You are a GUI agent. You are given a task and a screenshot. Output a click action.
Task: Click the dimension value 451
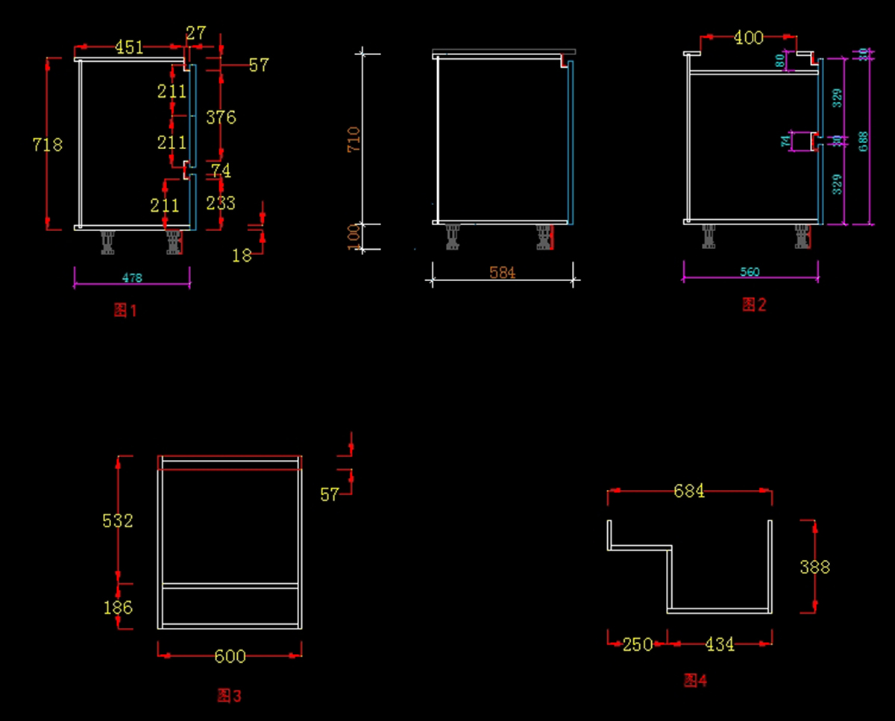pos(129,48)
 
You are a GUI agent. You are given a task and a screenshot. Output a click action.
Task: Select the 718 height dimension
pos(47,144)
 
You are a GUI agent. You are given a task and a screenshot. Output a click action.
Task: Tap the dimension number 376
pos(221,118)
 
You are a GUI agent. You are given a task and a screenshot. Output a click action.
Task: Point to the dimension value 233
pos(221,203)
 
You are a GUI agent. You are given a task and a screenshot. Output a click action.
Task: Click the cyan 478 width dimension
pos(132,278)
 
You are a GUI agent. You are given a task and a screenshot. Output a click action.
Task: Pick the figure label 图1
pos(125,310)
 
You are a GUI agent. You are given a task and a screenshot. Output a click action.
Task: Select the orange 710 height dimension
pos(354,139)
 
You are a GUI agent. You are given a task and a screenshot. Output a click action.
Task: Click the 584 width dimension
pos(503,273)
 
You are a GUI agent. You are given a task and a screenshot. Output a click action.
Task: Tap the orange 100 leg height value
pos(354,236)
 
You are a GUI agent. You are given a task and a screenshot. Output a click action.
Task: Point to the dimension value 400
pos(749,38)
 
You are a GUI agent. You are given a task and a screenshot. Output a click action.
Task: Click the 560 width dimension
pos(750,272)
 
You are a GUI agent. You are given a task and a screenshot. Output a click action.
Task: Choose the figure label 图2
pos(754,304)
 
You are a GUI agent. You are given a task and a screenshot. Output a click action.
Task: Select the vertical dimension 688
pos(863,141)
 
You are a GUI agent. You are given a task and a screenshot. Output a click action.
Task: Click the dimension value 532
pos(118,520)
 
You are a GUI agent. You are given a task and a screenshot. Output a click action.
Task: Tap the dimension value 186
pos(118,608)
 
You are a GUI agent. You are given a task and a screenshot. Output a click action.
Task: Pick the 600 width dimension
pos(230,656)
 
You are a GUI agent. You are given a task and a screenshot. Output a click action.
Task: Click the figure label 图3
pos(229,696)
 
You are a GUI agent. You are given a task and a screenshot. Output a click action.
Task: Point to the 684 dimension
pos(689,491)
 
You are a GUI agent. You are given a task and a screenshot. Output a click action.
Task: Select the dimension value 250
pos(638,644)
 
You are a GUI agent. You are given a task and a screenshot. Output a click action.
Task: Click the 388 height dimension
pos(814,567)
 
